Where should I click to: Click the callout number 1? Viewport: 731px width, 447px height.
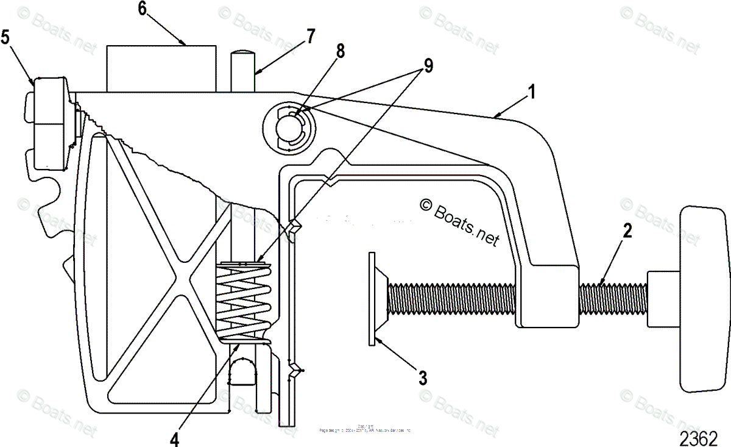[x=532, y=93]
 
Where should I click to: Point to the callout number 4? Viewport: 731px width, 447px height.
[x=175, y=438]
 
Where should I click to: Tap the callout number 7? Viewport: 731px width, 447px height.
[x=311, y=37]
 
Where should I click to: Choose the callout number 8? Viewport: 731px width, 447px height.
[x=339, y=52]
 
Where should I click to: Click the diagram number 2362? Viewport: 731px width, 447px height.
[x=697, y=438]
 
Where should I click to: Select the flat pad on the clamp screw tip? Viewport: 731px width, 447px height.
[x=371, y=299]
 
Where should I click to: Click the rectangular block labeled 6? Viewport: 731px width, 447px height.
[x=161, y=68]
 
